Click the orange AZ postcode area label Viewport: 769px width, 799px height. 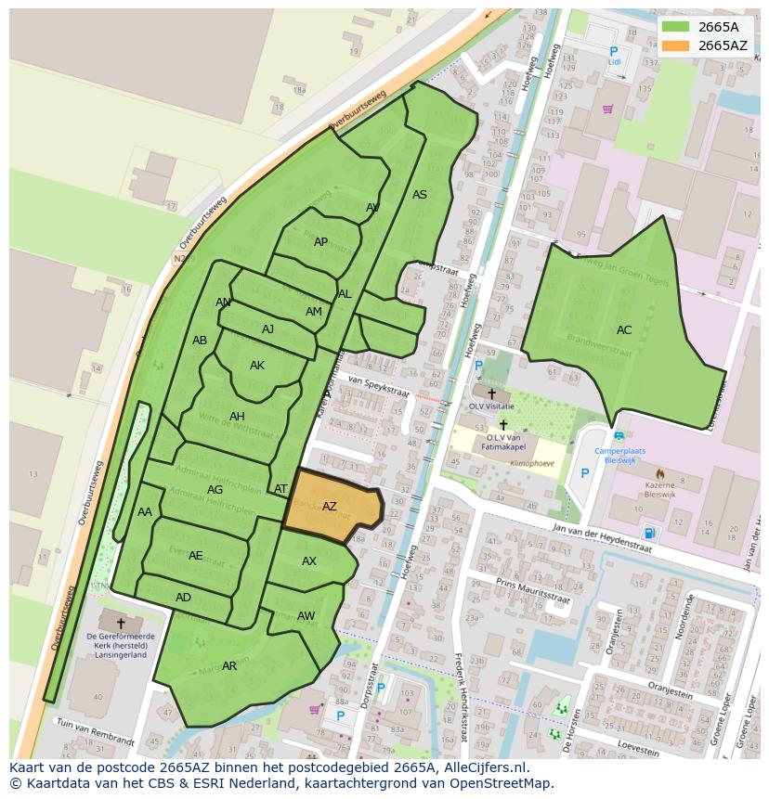tap(329, 507)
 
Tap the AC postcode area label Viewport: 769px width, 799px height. tap(624, 329)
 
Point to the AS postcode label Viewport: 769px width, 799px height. tap(420, 195)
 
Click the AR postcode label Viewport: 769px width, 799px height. tap(229, 666)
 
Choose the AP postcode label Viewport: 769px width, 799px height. tap(320, 242)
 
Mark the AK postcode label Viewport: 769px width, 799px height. tap(257, 366)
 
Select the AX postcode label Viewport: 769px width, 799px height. tap(309, 561)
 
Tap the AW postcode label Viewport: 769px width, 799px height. tap(306, 616)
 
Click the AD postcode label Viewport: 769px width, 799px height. tap(183, 598)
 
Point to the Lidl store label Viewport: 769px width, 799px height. tap(614, 62)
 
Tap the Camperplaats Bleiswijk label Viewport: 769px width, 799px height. tap(619, 457)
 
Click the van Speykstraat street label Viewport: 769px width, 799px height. tap(379, 386)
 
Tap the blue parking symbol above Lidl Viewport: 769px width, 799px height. tap(613, 51)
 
